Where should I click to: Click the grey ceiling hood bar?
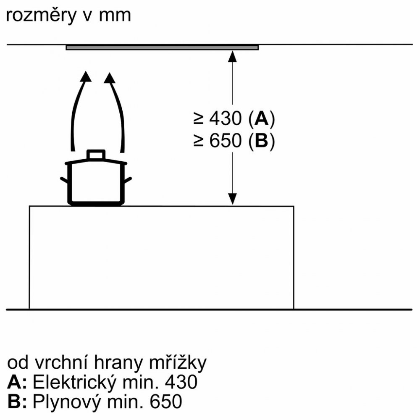pyautogui.click(x=162, y=47)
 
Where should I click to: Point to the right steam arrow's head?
pyautogui.click(x=110, y=78)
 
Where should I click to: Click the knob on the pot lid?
pyautogui.click(x=96, y=155)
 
